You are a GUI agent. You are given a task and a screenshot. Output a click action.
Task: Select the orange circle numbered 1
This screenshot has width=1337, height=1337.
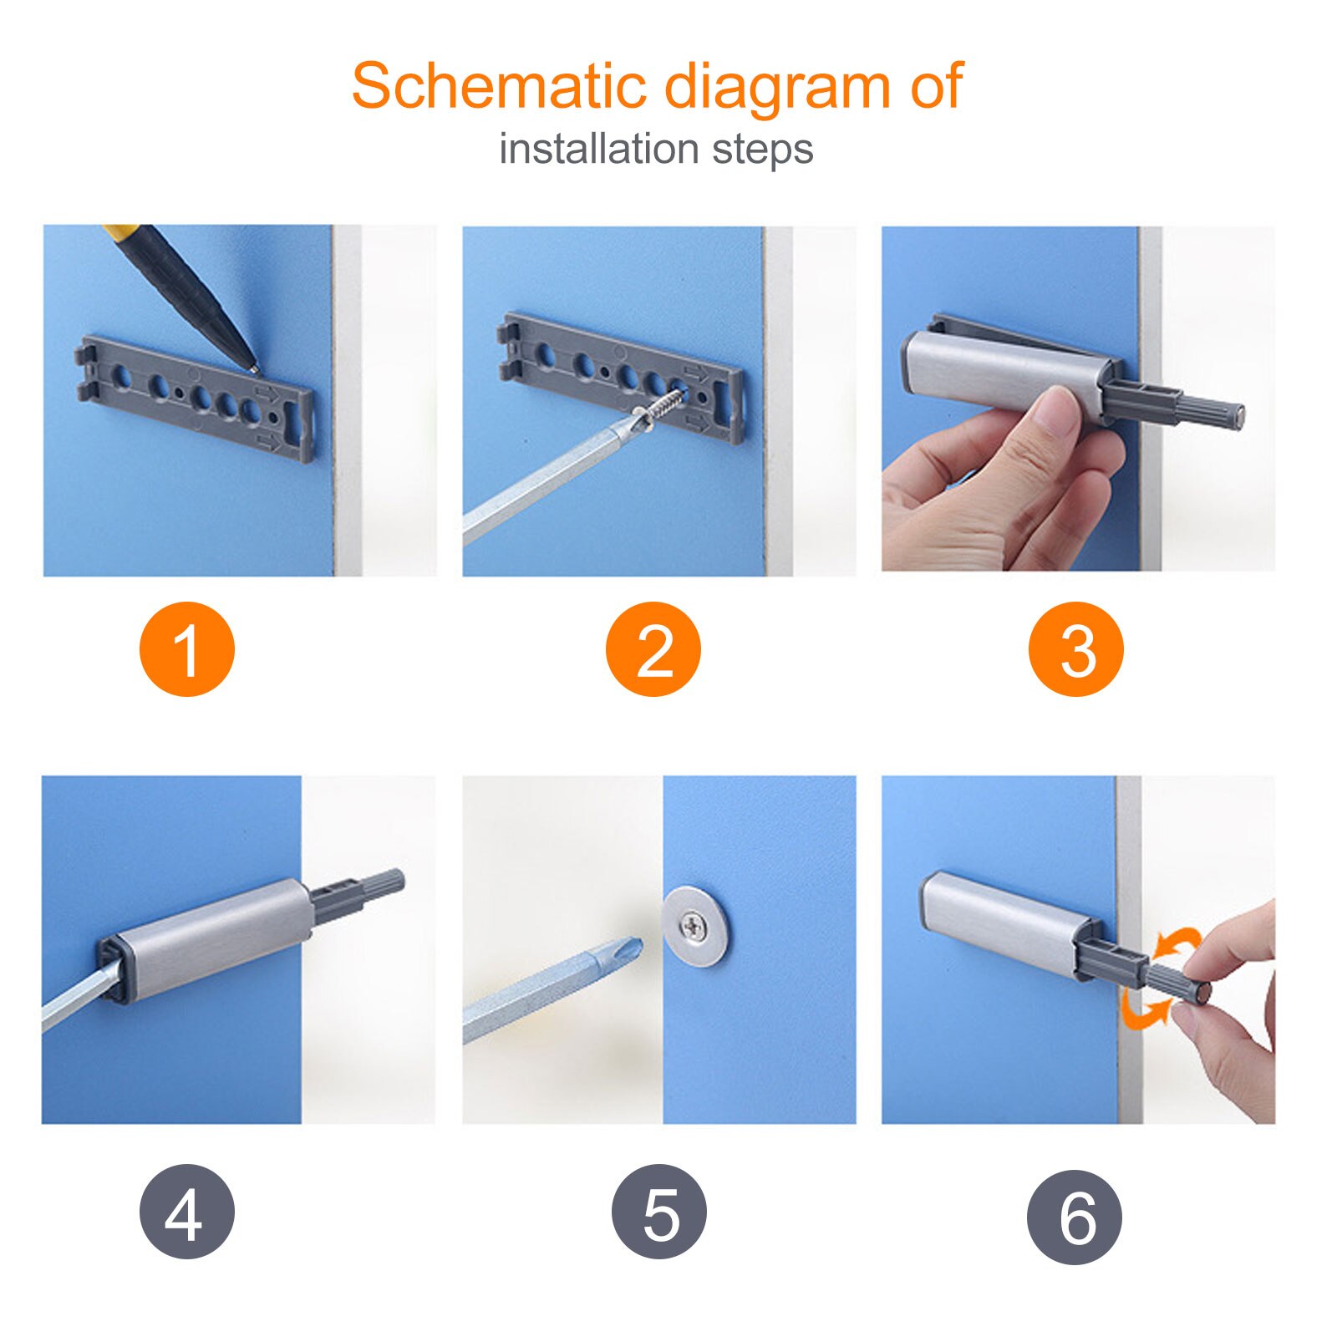187,649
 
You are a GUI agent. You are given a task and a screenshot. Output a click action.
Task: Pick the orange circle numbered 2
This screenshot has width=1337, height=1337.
653,649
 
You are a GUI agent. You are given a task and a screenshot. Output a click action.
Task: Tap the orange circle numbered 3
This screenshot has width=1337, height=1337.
1076,649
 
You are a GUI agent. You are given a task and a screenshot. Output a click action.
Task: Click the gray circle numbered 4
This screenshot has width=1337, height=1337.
187,1212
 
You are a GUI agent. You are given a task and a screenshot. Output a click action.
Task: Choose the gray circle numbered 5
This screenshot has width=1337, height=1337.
659,1212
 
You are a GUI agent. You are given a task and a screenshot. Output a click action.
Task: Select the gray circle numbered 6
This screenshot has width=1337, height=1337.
1075,1217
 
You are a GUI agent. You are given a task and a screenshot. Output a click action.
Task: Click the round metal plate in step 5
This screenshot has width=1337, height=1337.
694,926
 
